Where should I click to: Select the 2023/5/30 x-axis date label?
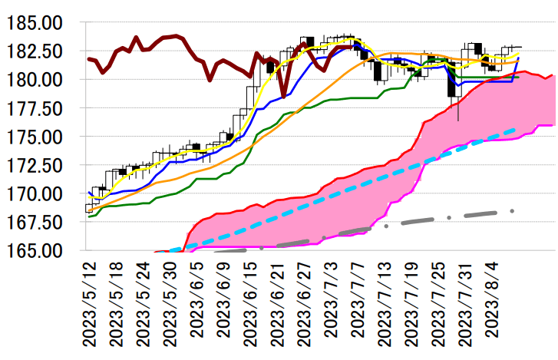coord(168,302)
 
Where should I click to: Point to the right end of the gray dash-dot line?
coord(513,210)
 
